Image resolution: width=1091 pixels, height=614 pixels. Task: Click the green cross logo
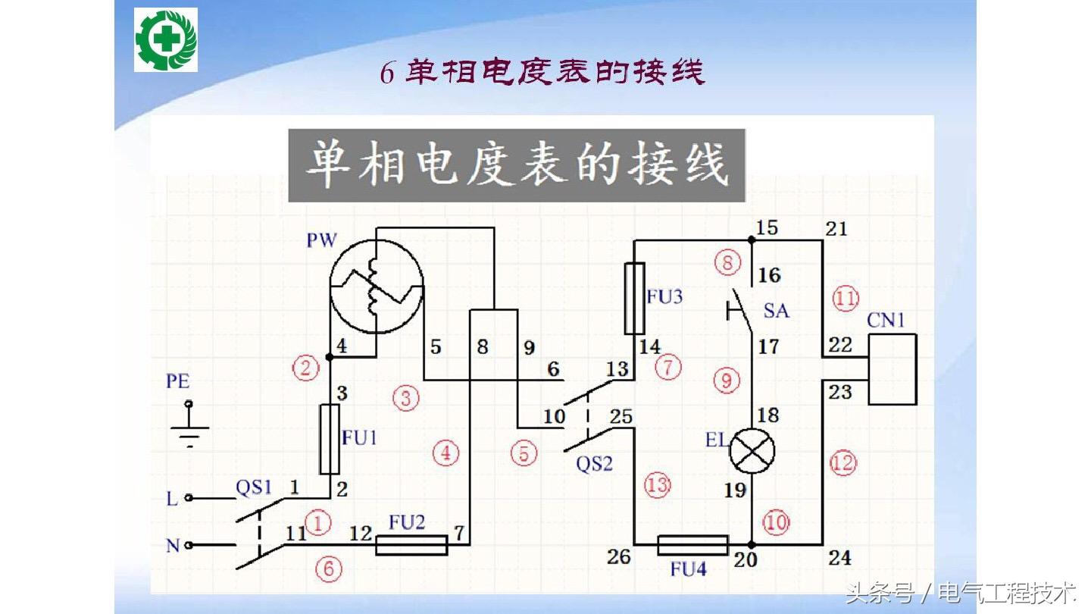(166, 39)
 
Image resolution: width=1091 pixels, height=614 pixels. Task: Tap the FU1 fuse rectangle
(330, 438)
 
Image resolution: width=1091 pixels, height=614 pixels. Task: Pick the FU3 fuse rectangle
(633, 299)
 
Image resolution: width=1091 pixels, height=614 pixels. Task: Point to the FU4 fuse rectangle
(692, 545)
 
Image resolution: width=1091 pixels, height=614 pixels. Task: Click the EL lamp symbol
(752, 453)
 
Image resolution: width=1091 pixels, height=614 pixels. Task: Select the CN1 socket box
(892, 369)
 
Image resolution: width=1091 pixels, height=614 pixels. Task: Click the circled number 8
(727, 263)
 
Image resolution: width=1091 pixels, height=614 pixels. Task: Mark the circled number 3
(406, 397)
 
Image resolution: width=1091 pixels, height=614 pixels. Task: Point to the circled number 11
(845, 297)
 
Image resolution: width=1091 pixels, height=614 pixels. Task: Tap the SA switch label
(776, 310)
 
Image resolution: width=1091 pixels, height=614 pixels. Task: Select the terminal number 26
(619, 557)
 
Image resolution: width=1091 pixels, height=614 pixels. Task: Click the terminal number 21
(836, 227)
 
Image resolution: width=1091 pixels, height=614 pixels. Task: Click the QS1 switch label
(253, 487)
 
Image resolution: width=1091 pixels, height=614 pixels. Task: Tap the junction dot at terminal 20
(752, 545)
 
